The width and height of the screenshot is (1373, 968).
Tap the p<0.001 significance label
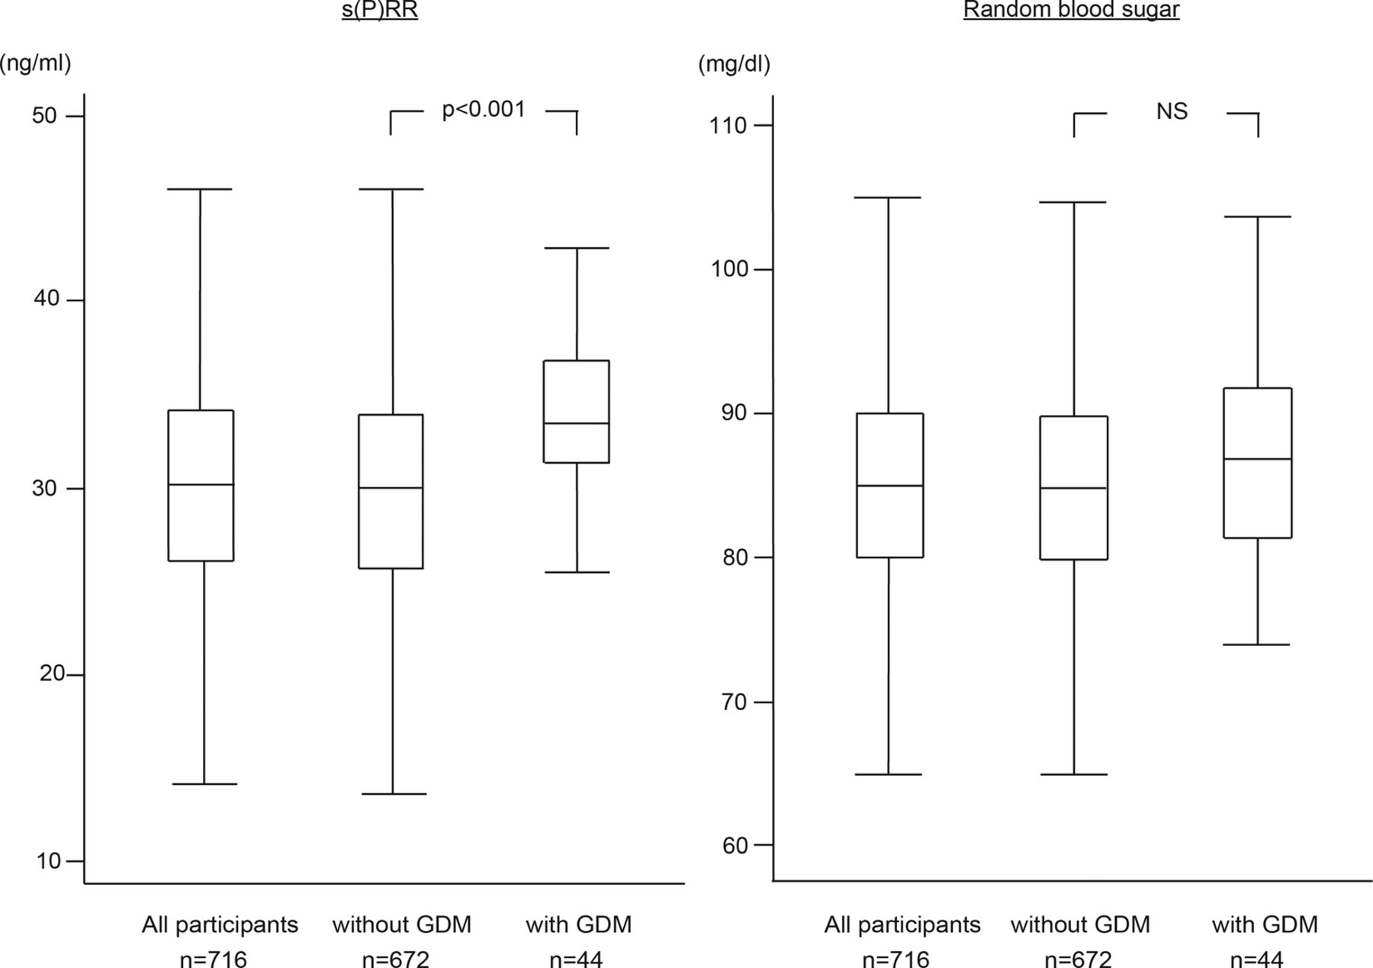click(484, 110)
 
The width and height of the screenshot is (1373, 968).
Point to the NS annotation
click(1172, 111)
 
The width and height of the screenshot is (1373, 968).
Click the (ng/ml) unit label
click(35, 63)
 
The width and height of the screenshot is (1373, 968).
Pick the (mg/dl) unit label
click(734, 64)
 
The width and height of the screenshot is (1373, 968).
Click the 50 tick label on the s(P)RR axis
click(44, 115)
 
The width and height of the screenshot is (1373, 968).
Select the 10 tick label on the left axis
click(47, 860)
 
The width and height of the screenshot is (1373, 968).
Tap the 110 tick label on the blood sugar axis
click(728, 125)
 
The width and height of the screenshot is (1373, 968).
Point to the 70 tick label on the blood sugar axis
click(734, 702)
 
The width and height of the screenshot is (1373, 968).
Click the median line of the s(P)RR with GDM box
click(577, 423)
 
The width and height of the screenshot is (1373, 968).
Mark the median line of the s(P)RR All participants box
click(201, 484)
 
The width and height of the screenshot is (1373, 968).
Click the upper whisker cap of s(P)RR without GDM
click(392, 189)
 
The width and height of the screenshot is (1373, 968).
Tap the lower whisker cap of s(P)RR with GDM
click(577, 572)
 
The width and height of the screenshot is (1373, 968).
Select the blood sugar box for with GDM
click(1257, 463)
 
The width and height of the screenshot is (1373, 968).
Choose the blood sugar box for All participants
click(889, 485)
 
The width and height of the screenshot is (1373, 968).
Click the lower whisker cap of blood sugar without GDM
click(1073, 774)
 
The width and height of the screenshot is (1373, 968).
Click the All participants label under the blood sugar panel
click(902, 925)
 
